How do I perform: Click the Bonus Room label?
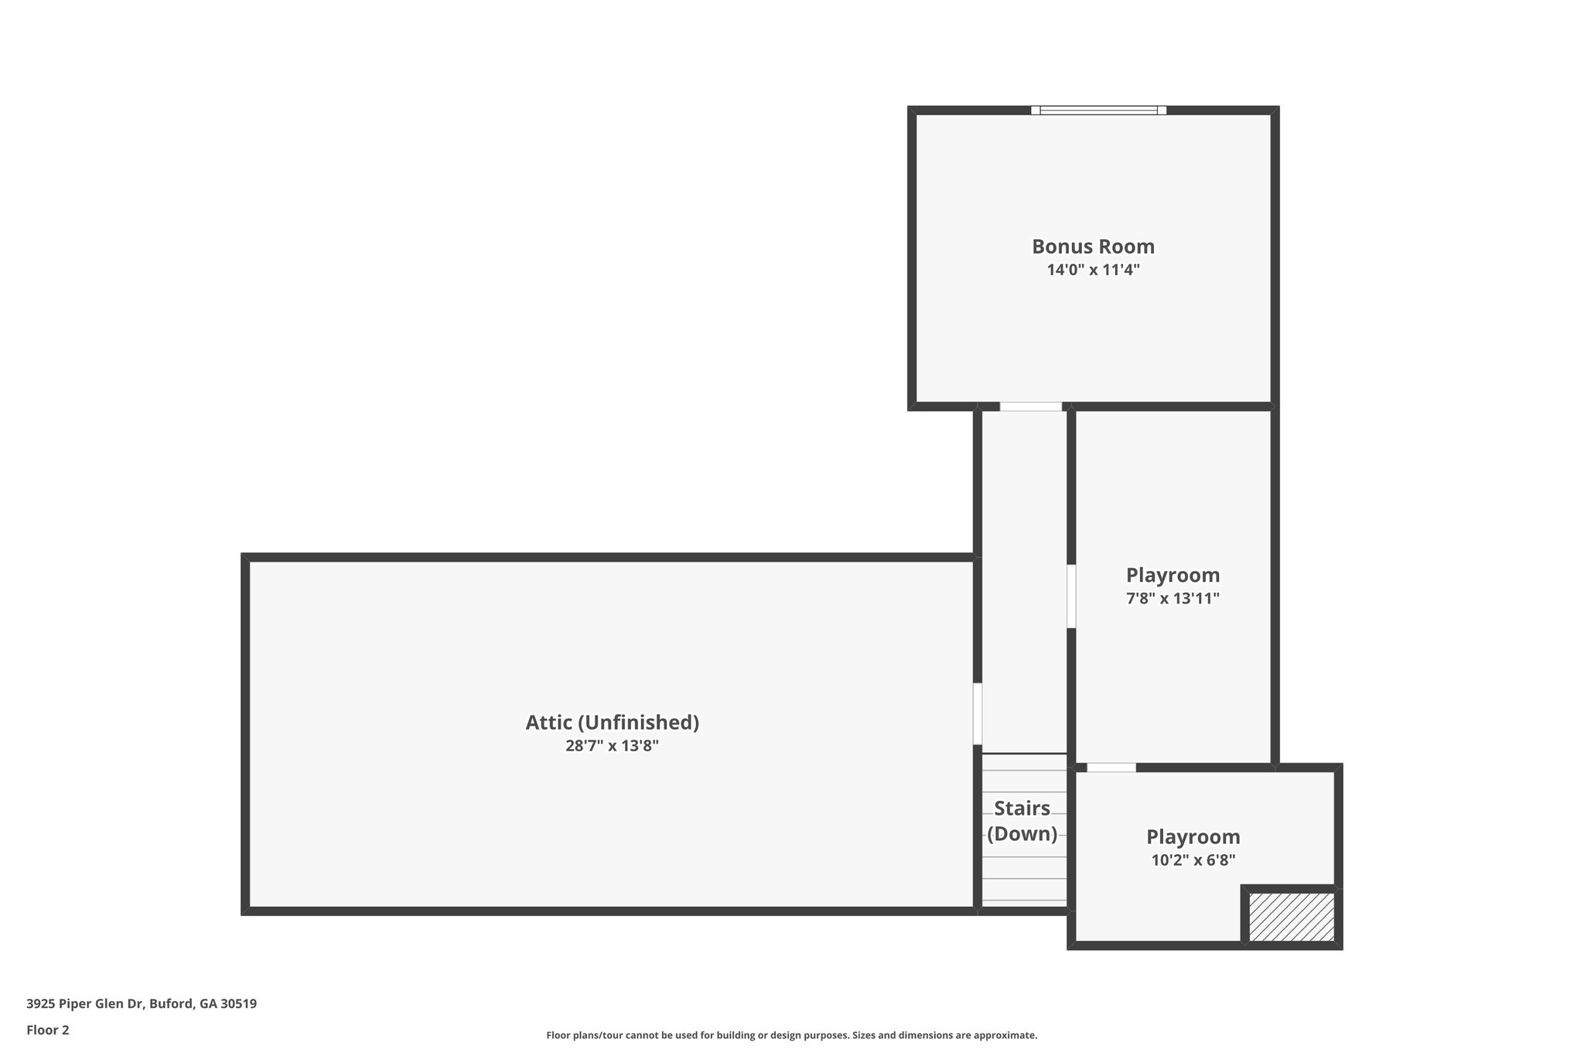[1093, 247]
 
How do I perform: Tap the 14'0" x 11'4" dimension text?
[1093, 270]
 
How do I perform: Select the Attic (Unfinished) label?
[612, 723]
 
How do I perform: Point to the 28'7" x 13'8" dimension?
[612, 746]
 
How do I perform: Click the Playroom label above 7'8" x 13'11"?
[1173, 575]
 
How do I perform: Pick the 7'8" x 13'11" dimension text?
[1173, 598]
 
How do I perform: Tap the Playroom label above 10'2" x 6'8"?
[1193, 836]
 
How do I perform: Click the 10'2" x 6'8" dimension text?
[1193, 859]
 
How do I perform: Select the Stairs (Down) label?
[1022, 821]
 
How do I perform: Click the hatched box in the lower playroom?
[1292, 917]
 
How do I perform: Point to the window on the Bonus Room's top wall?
[1098, 110]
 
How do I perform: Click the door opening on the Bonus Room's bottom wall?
[1030, 406]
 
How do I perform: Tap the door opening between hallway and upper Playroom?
[1071, 596]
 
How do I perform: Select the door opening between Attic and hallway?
[978, 713]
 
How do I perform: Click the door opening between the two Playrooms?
[1111, 767]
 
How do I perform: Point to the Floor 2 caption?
[48, 1030]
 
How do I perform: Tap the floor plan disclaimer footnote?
[792, 1035]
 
